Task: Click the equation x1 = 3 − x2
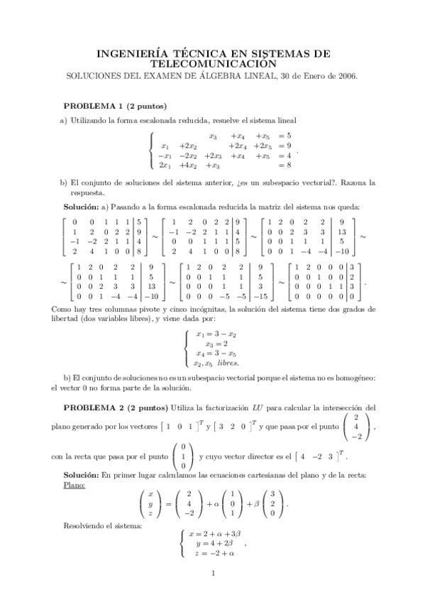tap(214, 331)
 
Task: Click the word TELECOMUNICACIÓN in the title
tap(212, 62)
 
